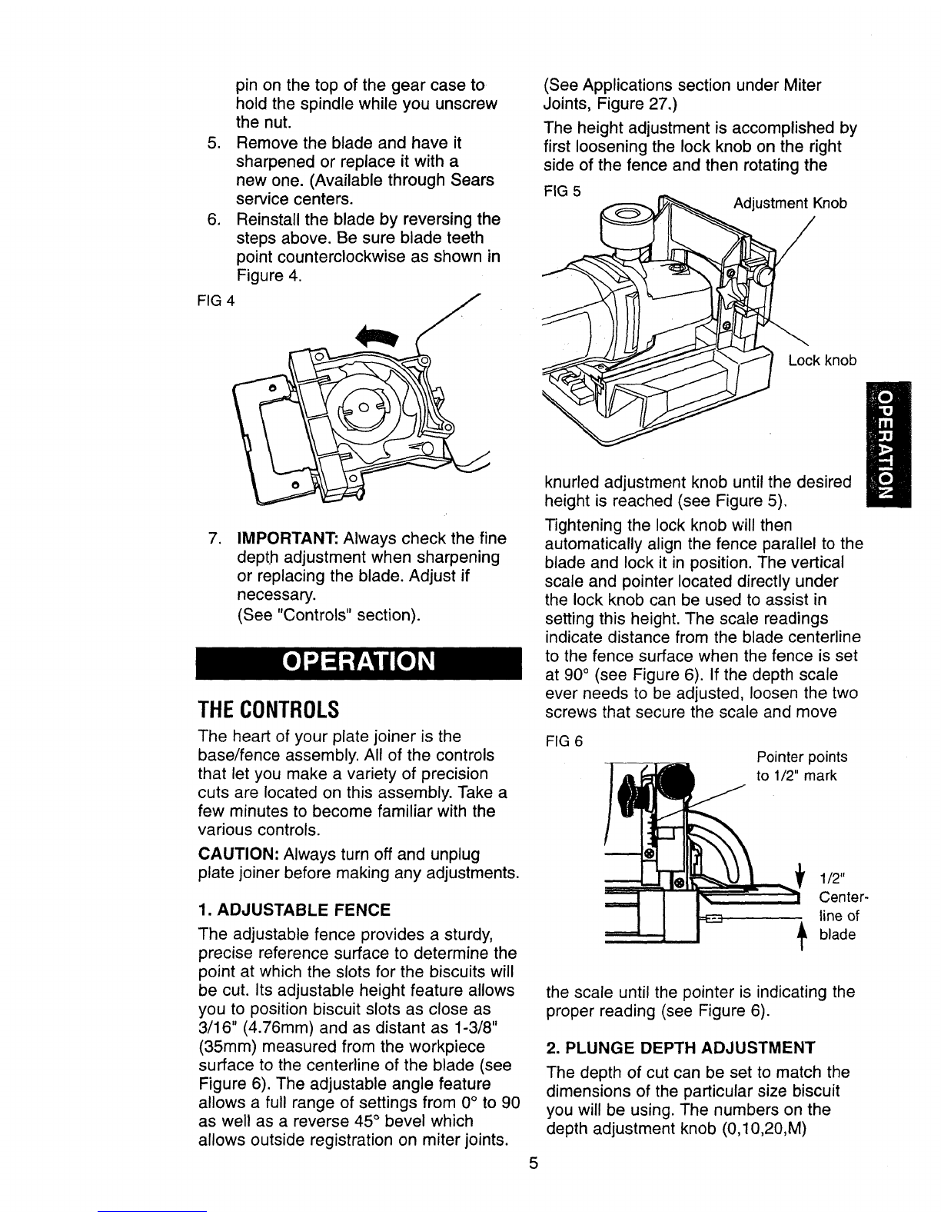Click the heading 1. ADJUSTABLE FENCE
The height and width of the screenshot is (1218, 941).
coord(294,910)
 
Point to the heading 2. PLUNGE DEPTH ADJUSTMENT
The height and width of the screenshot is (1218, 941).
coord(680,1047)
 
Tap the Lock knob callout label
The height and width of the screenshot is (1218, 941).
coord(823,361)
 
